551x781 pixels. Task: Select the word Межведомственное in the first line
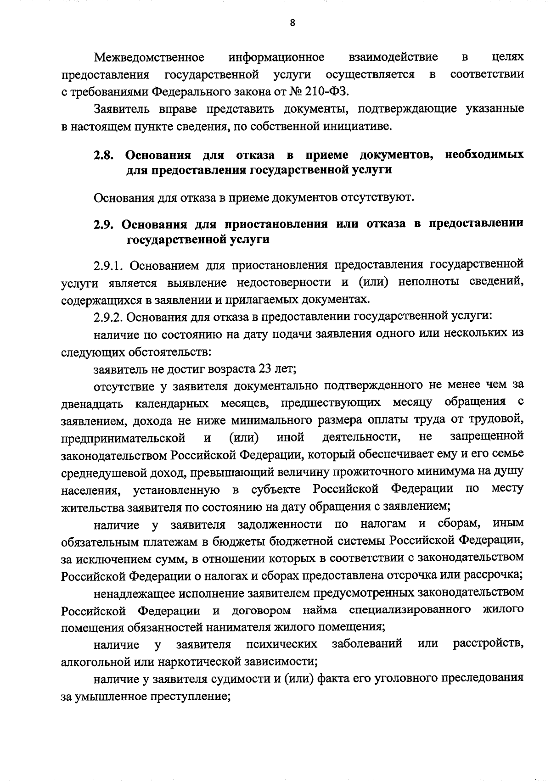pos(149,57)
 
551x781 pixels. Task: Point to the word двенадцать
pos(92,404)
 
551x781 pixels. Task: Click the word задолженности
pos(280,524)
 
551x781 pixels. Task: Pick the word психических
pos(281,645)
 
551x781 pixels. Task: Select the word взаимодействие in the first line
pos(393,57)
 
